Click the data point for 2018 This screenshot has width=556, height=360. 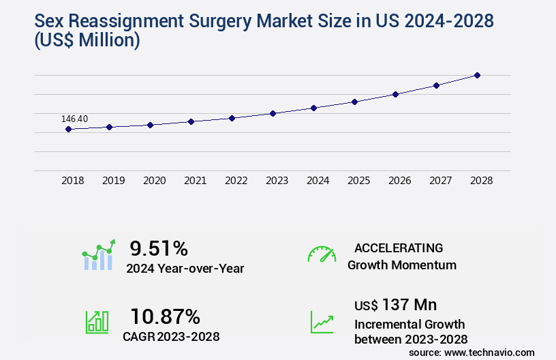pyautogui.click(x=68, y=129)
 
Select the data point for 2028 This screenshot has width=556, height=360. pyautogui.click(x=477, y=75)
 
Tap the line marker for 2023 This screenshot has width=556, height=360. pyautogui.click(x=273, y=113)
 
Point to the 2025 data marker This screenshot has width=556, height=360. pyautogui.click(x=354, y=102)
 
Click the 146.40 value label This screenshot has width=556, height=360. pyautogui.click(x=74, y=119)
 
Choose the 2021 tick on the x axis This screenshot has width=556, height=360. pyautogui.click(x=195, y=181)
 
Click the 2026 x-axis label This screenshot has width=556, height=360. pyautogui.click(x=399, y=181)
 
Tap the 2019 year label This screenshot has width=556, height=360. pyautogui.click(x=113, y=181)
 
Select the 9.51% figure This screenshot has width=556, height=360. pyautogui.click(x=159, y=248)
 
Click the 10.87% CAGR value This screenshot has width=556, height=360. pyautogui.click(x=165, y=316)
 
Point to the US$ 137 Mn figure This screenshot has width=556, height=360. pyautogui.click(x=396, y=304)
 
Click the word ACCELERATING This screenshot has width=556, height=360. pyautogui.click(x=399, y=247)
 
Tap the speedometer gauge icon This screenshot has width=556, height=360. pyautogui.click(x=322, y=254)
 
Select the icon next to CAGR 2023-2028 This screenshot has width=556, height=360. pyautogui.click(x=97, y=321)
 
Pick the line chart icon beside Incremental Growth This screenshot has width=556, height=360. pyautogui.click(x=322, y=322)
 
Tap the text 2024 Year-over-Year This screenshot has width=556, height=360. pyautogui.click(x=185, y=269)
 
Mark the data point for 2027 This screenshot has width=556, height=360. pyautogui.click(x=436, y=85)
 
